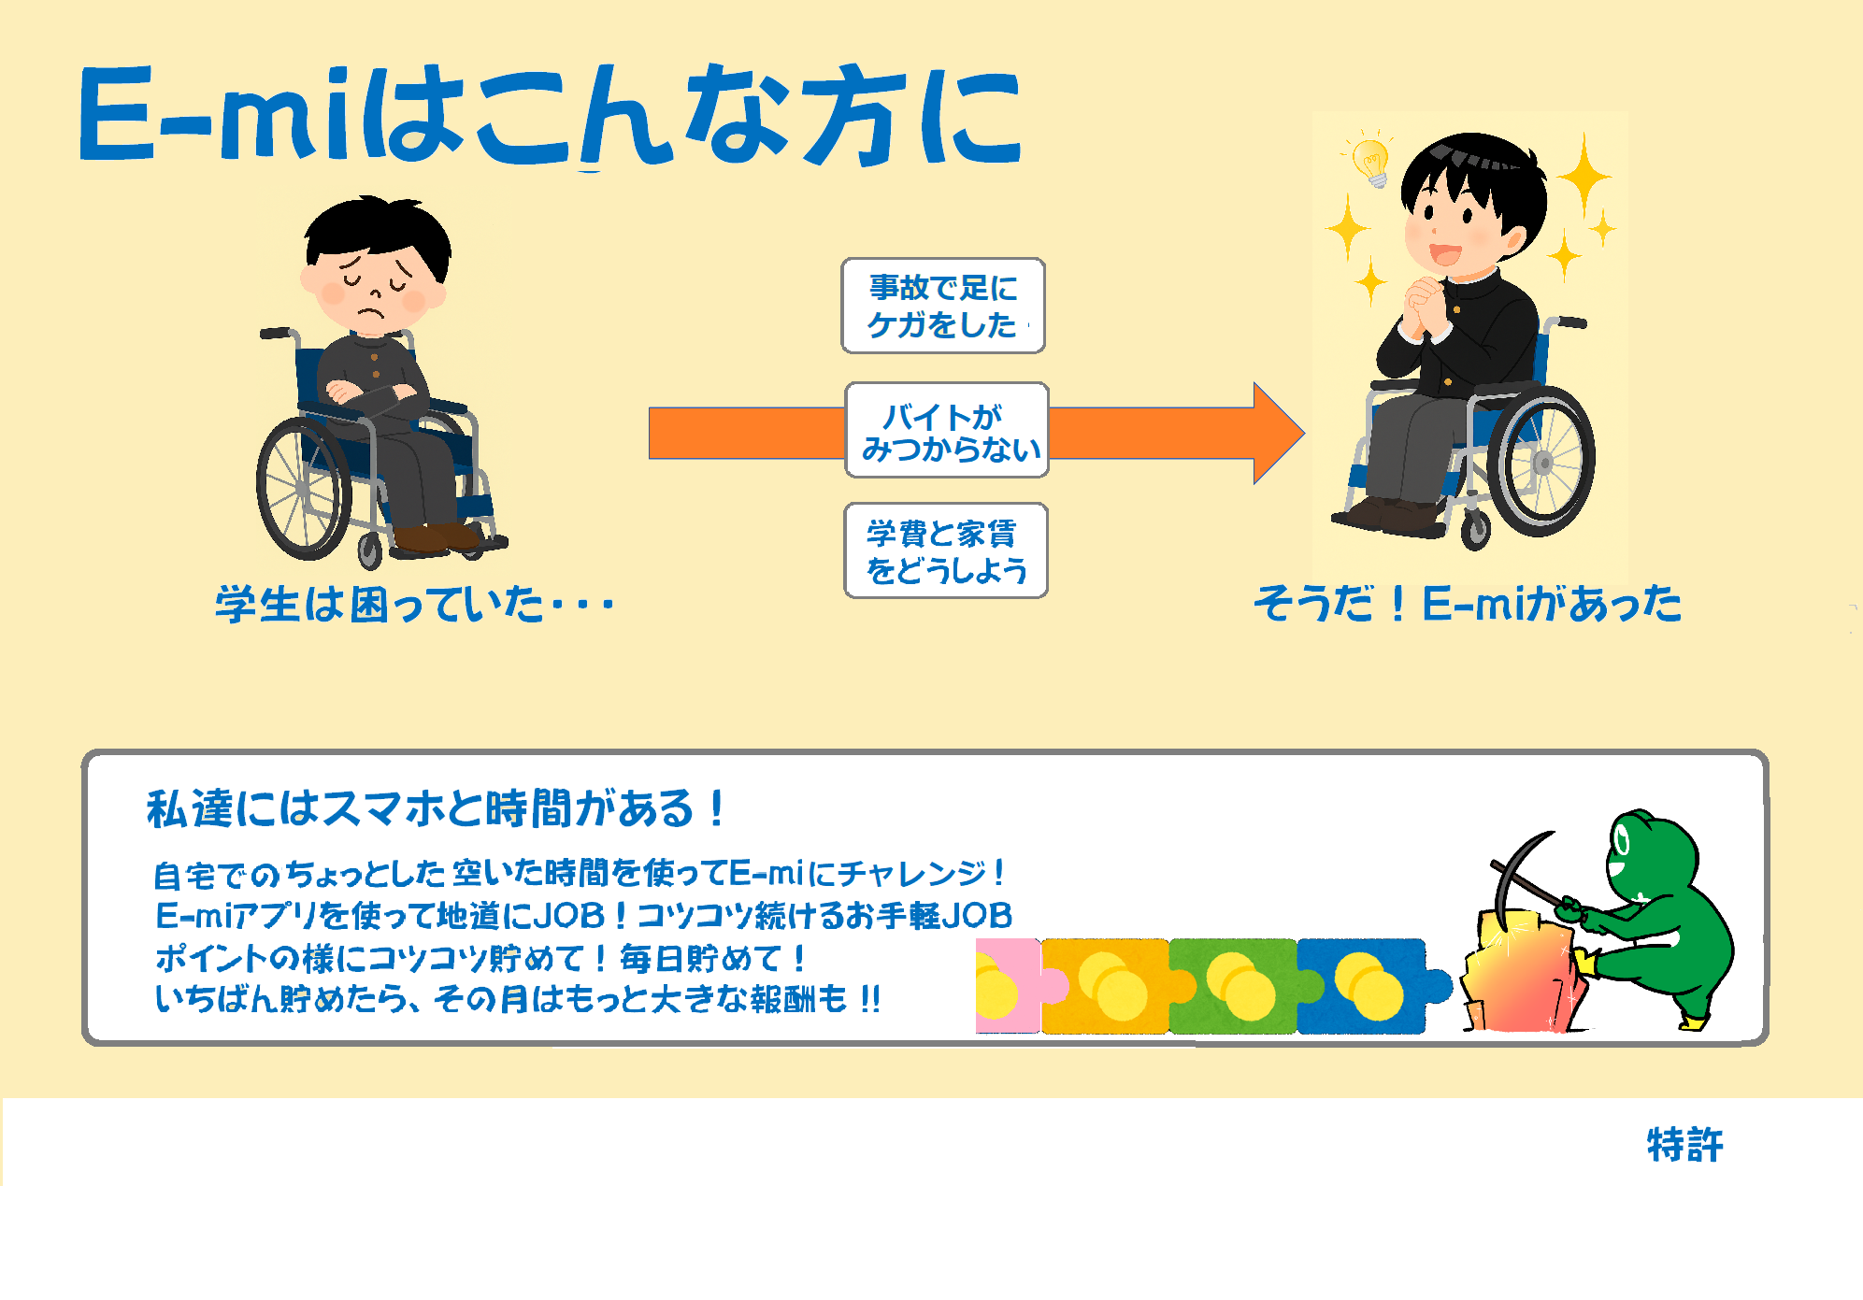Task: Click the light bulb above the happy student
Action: [1371, 164]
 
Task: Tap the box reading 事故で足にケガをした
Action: [943, 306]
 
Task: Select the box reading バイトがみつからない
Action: [947, 430]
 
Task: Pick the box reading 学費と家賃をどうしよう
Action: [946, 550]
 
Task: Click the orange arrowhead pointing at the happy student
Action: [1277, 433]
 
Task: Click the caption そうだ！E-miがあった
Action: [1468, 603]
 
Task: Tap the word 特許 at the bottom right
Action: [1684, 1145]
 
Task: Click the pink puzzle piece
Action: [1011, 986]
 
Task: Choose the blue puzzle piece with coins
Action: [1369, 986]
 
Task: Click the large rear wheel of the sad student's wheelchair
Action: [303, 489]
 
